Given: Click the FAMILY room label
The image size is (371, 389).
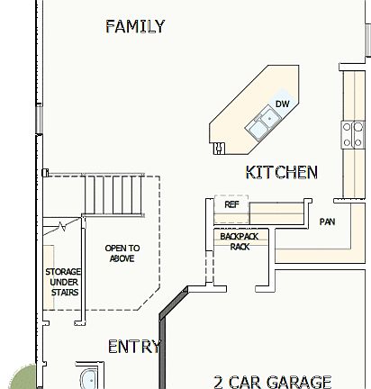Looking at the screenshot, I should pyautogui.click(x=135, y=26).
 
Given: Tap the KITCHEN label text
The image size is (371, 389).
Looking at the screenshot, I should pyautogui.click(x=281, y=171).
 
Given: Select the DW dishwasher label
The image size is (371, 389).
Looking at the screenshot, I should pyautogui.click(x=282, y=104).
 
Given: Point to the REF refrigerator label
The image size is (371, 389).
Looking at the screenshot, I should pyautogui.click(x=231, y=205).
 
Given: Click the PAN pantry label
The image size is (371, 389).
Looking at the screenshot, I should pyautogui.click(x=327, y=222).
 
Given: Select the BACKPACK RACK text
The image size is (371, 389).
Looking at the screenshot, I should pyautogui.click(x=239, y=240).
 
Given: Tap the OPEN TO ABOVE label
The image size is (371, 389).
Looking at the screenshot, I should pyautogui.click(x=122, y=253).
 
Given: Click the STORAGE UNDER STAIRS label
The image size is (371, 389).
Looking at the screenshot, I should pyautogui.click(x=63, y=281).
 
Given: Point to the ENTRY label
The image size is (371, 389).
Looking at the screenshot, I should pyautogui.click(x=134, y=347).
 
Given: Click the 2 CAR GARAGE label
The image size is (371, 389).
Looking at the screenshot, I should pyautogui.click(x=273, y=382).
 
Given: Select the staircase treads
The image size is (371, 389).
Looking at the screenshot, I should pyautogui.click(x=115, y=195).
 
